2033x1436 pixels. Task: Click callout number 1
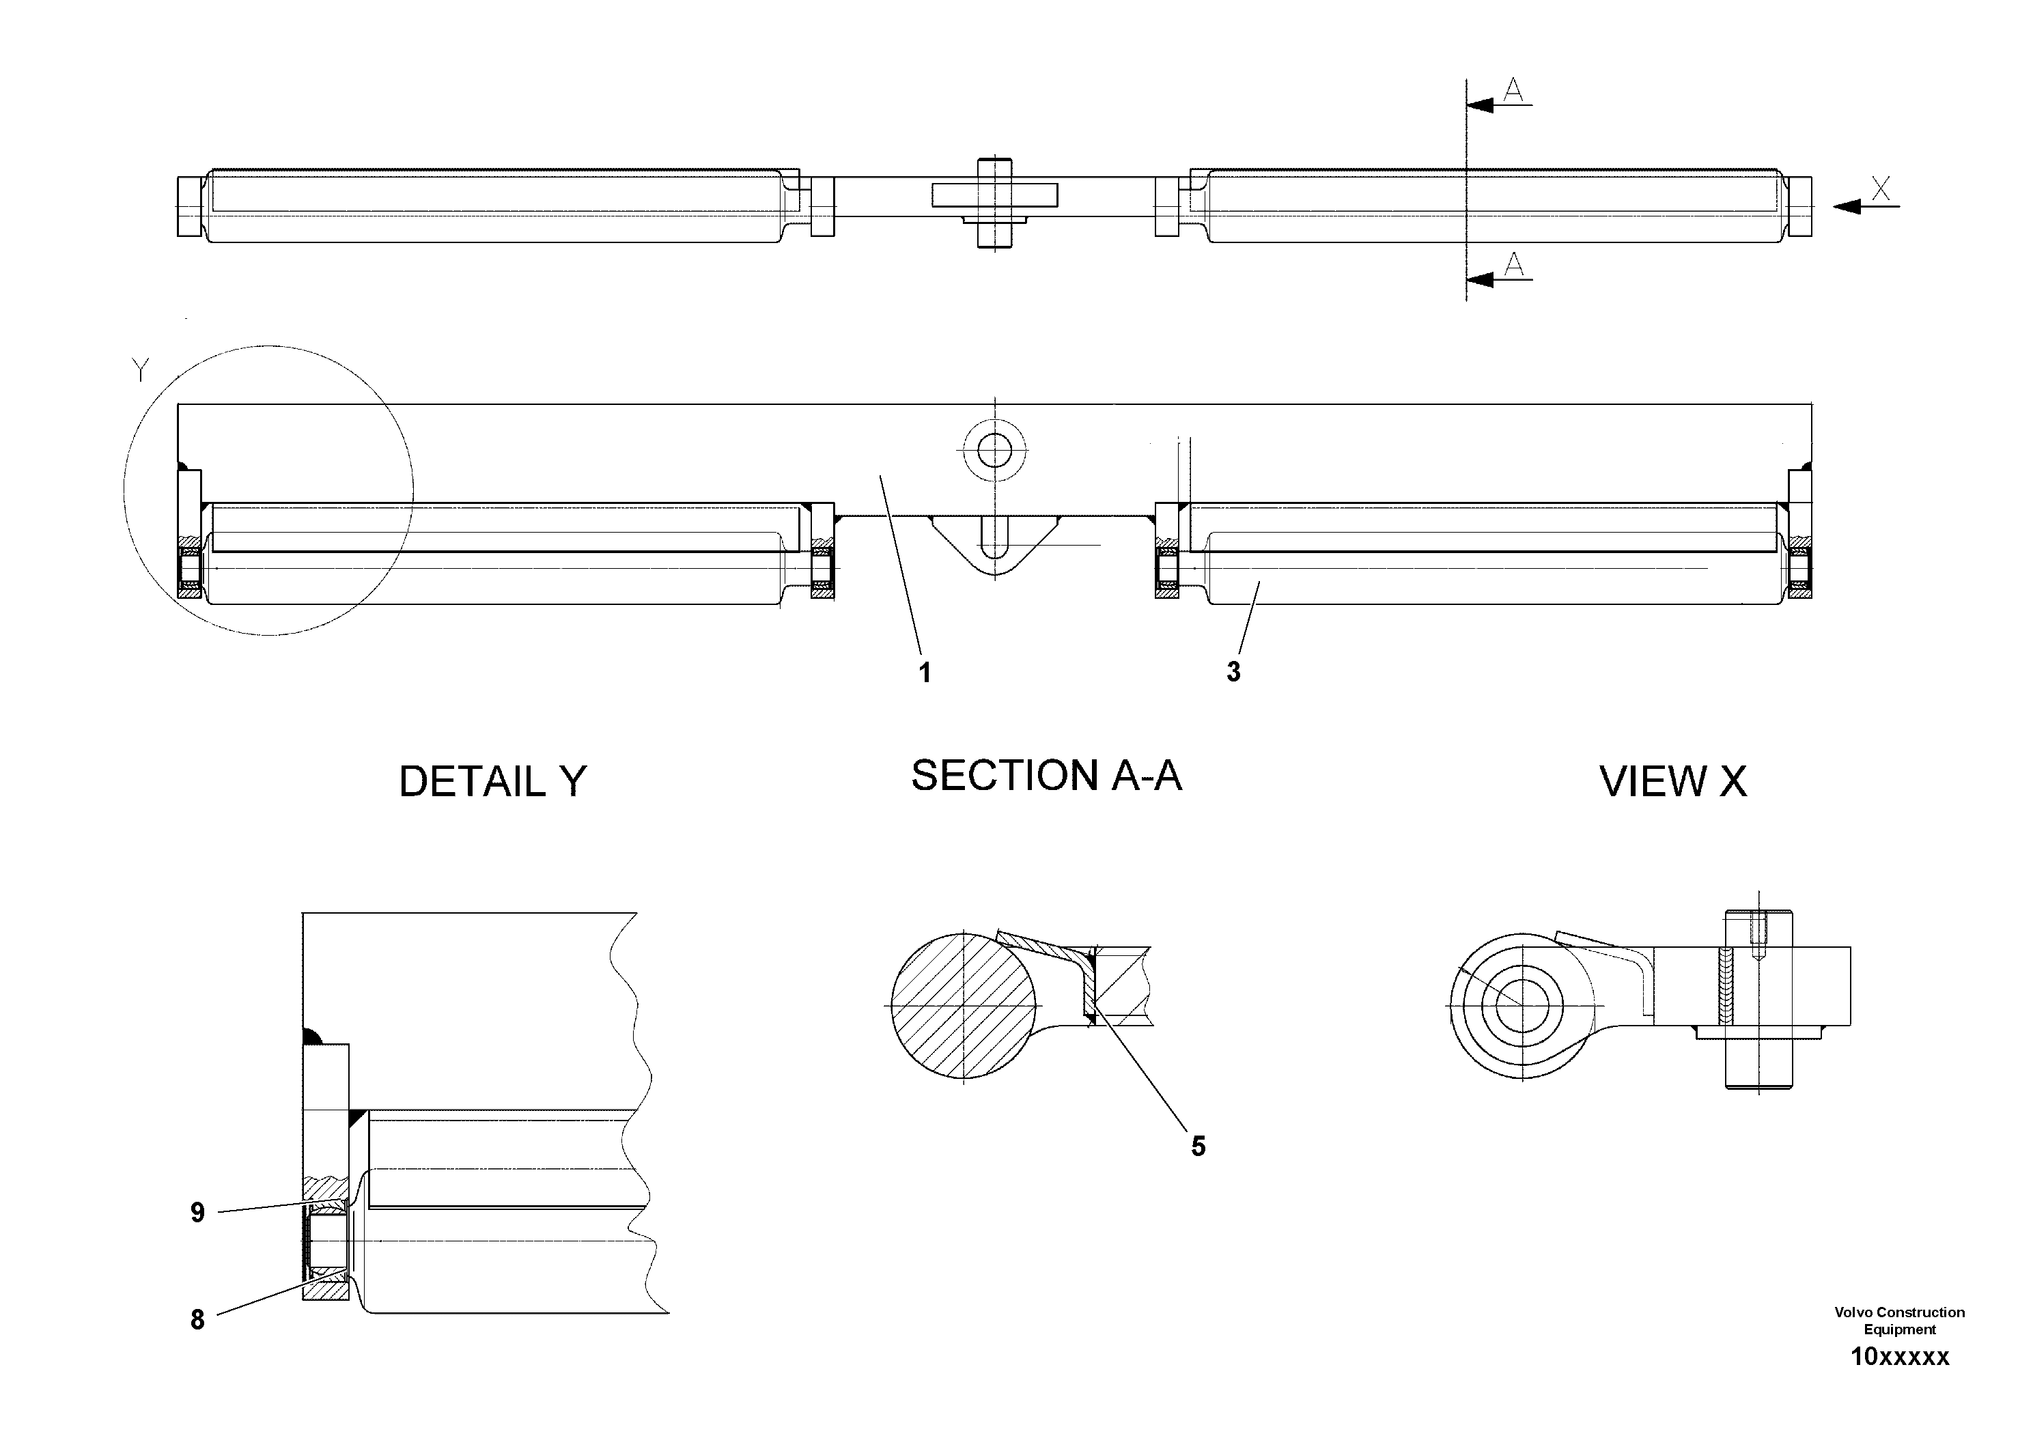[925, 673]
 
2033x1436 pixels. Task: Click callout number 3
[1233, 672]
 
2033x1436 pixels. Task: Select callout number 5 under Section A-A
[1198, 1146]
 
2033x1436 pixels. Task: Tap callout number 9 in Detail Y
[197, 1212]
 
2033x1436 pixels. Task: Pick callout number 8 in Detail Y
[197, 1320]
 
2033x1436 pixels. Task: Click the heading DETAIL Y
[492, 782]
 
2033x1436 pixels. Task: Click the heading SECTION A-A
[1046, 776]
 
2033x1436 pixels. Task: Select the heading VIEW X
[1672, 782]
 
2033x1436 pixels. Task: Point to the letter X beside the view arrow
[1881, 188]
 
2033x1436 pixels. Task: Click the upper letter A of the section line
[1514, 89]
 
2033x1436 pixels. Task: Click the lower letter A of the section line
[1514, 264]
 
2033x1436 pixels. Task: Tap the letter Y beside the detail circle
[140, 370]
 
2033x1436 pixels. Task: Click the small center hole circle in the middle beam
[995, 451]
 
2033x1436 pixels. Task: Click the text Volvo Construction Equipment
[1899, 1320]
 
